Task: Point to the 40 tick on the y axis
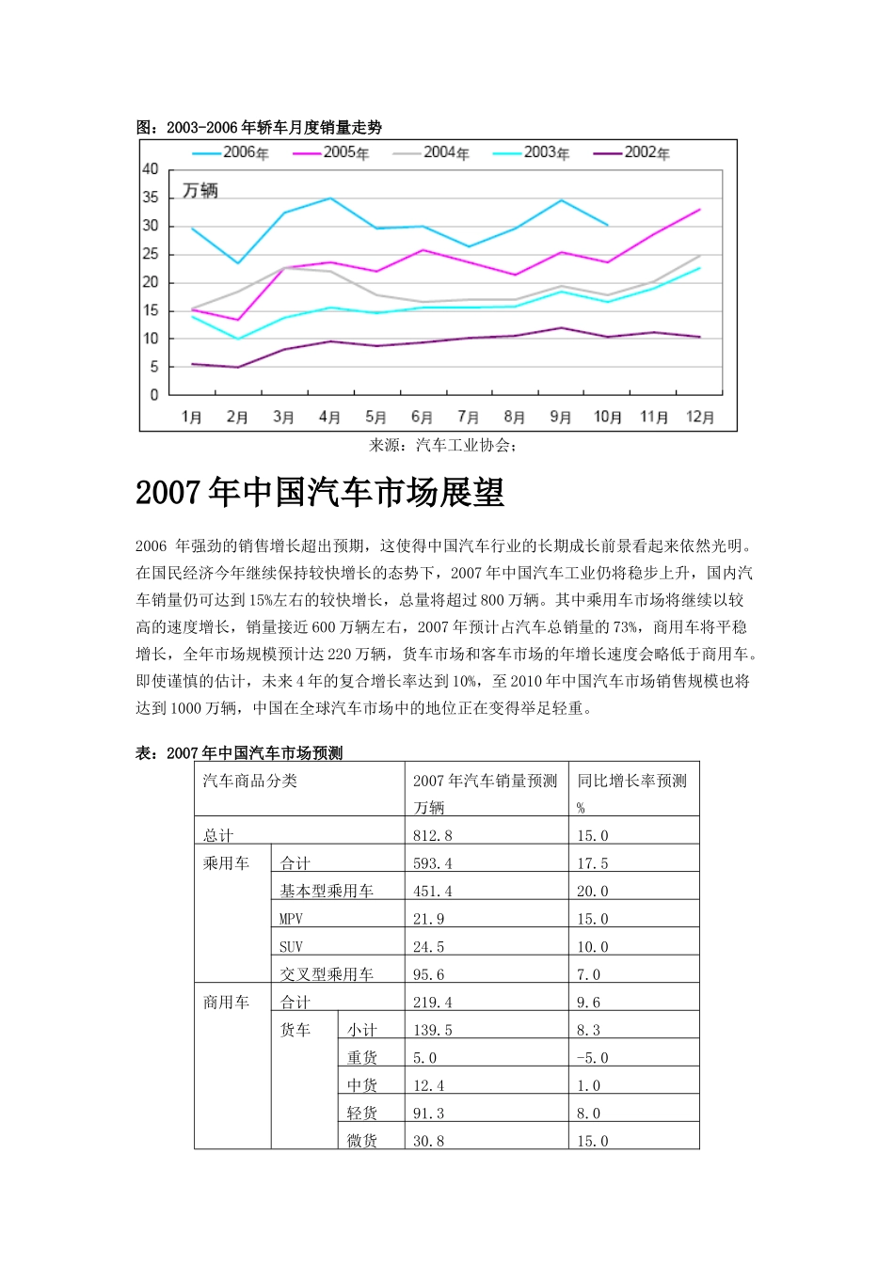(x=151, y=169)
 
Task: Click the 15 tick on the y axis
(x=151, y=310)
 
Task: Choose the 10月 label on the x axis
(x=608, y=417)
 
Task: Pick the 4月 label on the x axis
(x=329, y=417)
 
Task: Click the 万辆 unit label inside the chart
(x=200, y=191)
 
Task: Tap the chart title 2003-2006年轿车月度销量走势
(x=259, y=127)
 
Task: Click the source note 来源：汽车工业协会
(x=442, y=445)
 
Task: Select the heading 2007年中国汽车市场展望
(x=320, y=493)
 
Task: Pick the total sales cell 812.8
(x=433, y=835)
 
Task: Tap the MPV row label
(x=292, y=919)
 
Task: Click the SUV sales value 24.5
(x=429, y=947)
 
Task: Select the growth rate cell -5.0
(x=593, y=1058)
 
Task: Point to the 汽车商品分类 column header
(x=250, y=781)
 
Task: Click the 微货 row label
(x=362, y=1141)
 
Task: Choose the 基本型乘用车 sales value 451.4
(x=433, y=891)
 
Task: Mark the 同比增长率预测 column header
(x=632, y=781)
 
